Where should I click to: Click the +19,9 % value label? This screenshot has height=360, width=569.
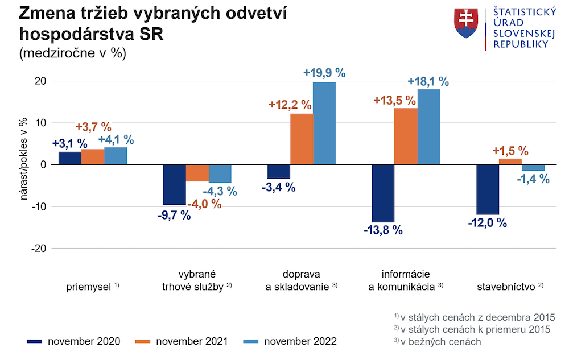[x=324, y=73]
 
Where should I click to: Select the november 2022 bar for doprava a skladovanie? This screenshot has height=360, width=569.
[x=324, y=123]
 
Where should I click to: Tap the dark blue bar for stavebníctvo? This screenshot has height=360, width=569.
[x=488, y=189]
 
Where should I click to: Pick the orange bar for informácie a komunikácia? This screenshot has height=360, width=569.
[x=406, y=136]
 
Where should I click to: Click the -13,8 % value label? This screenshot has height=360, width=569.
[x=383, y=230]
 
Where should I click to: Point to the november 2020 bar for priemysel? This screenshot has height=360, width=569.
[x=69, y=158]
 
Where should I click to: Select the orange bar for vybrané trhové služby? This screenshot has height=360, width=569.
[x=197, y=173]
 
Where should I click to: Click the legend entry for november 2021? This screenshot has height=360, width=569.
[x=181, y=341]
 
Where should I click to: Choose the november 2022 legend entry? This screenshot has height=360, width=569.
[x=290, y=341]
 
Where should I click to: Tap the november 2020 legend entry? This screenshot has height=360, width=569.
[x=73, y=341]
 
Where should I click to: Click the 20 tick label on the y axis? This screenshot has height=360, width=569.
[x=40, y=81]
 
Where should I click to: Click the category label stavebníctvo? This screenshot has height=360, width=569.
[x=506, y=287]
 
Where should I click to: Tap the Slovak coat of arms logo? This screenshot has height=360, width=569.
[x=466, y=23]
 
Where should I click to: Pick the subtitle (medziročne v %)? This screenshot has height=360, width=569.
[x=72, y=53]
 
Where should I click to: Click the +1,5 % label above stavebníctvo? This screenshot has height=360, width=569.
[x=510, y=151]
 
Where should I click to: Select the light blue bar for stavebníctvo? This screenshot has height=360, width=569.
[x=533, y=168]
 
